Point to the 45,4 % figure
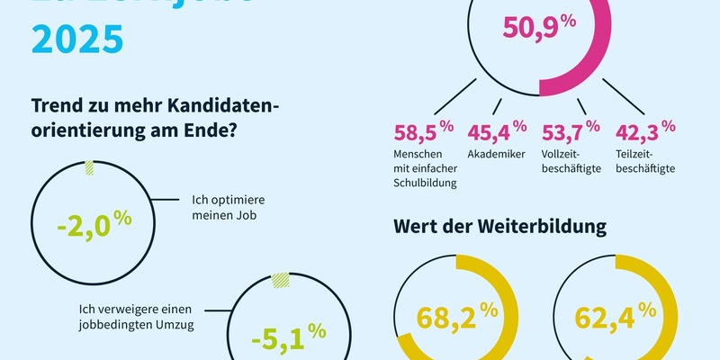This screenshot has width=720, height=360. pos(498,134)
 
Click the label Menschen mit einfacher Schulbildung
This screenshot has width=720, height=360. pos(427,168)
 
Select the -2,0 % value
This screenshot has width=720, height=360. pos(94,224)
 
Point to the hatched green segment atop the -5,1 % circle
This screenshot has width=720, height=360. pos(280,281)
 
